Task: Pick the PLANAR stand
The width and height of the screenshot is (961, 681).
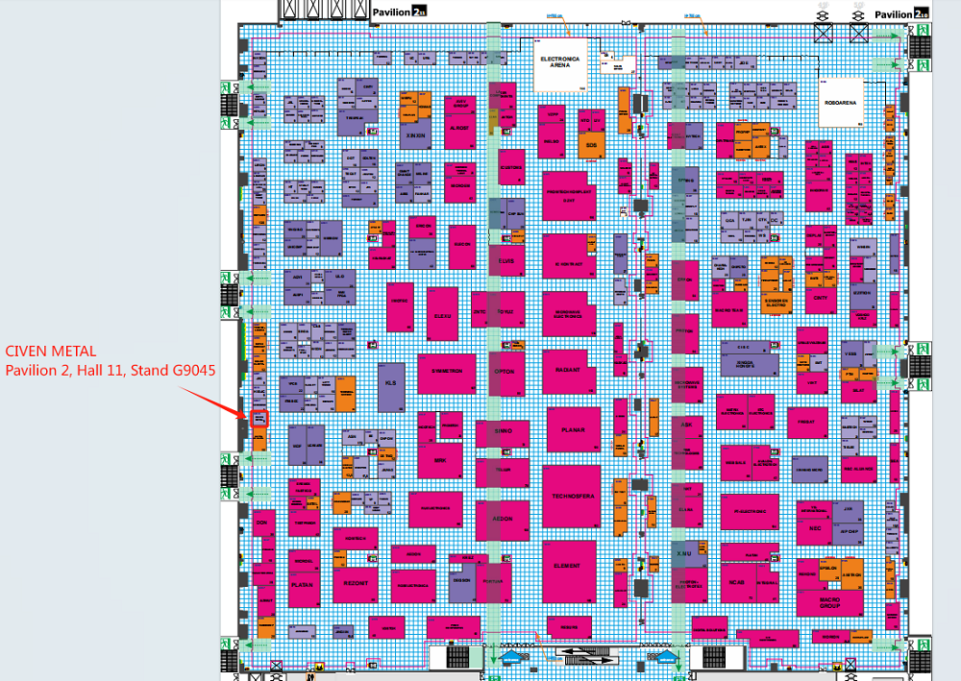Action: tap(573, 429)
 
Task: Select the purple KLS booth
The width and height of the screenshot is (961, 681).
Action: tap(390, 382)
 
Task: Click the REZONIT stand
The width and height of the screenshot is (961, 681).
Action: tap(356, 583)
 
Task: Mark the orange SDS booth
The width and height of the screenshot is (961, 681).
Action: tap(591, 145)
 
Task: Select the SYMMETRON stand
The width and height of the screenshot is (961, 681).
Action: tap(446, 371)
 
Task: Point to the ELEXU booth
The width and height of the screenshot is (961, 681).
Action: tap(443, 315)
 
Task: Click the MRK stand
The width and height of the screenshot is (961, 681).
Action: tap(441, 459)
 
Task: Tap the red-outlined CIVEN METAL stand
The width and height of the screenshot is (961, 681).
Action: tap(259, 418)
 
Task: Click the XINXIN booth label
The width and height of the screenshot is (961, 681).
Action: tap(415, 135)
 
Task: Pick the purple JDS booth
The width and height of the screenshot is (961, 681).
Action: tap(742, 63)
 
